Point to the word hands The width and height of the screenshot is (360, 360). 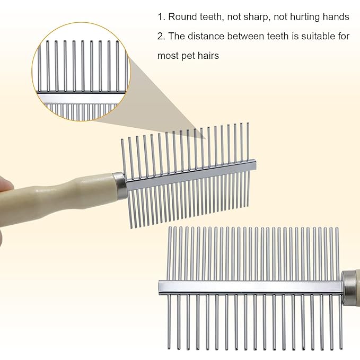tap(336, 17)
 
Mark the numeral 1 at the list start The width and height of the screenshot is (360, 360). tap(160, 17)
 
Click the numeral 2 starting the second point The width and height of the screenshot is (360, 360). tap(160, 36)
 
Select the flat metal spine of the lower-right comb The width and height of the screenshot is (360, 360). tap(249, 287)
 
